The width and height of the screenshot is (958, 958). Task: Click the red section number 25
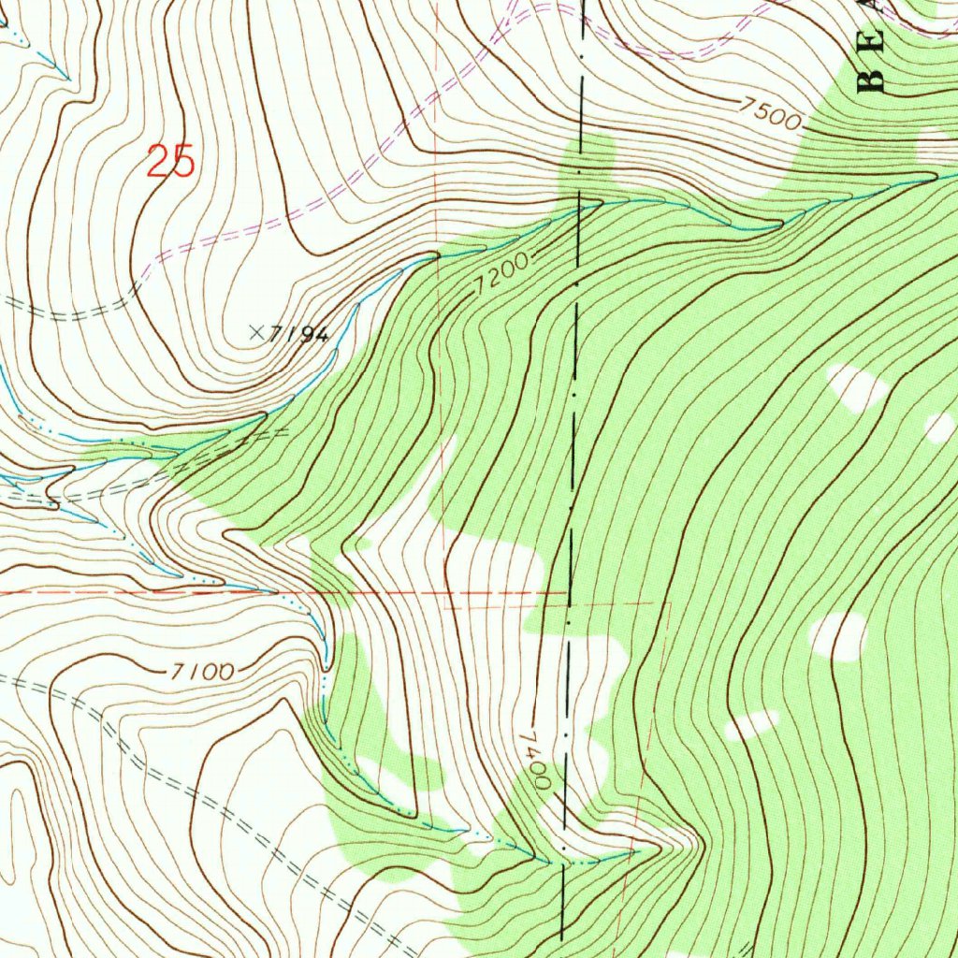point(170,162)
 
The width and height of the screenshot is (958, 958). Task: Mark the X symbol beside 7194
point(256,331)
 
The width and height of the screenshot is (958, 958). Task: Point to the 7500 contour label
point(769,114)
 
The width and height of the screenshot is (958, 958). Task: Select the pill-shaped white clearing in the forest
point(753,724)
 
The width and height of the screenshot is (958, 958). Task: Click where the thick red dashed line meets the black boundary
point(568,592)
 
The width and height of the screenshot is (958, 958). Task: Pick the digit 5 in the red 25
point(182,162)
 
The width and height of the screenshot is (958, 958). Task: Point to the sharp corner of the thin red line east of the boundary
point(670,603)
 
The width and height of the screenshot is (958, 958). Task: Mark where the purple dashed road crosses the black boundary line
point(582,11)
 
